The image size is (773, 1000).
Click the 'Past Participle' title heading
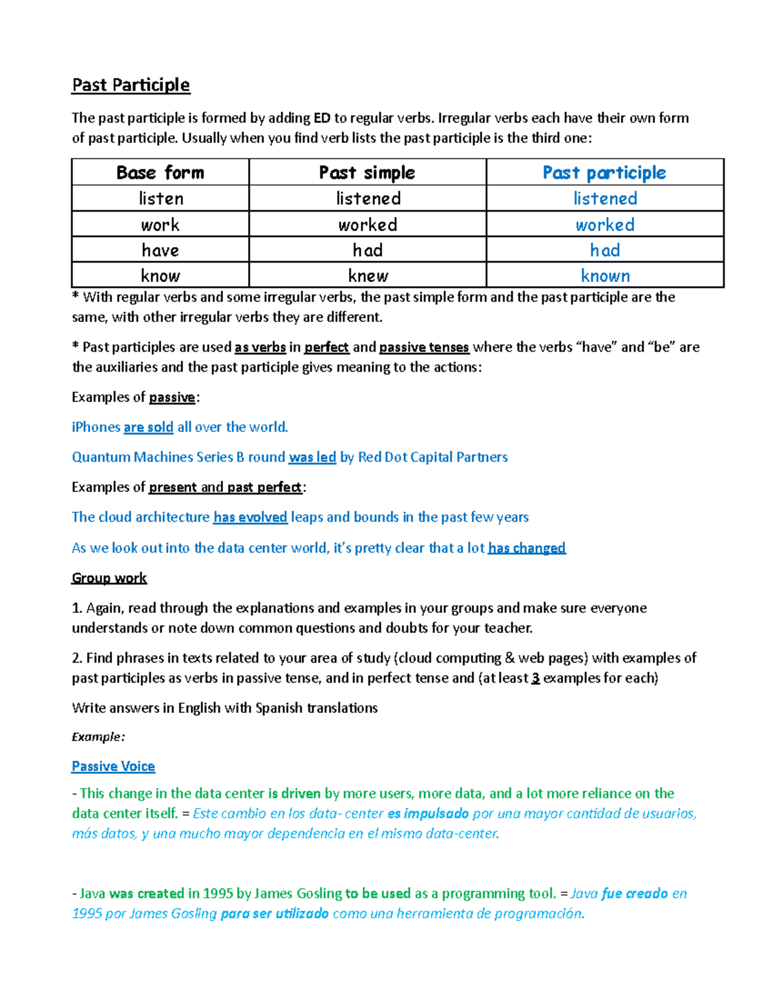(x=131, y=85)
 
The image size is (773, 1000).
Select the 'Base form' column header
(x=160, y=173)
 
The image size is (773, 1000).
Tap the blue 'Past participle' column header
(x=604, y=173)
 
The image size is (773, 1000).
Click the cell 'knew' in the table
(x=368, y=276)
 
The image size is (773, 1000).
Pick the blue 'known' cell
(x=605, y=276)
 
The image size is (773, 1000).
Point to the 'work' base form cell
(x=160, y=225)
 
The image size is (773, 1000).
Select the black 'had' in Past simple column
(x=368, y=250)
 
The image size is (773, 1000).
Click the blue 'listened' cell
(x=605, y=198)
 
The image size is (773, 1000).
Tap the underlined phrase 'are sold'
(x=148, y=427)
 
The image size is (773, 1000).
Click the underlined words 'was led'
(x=312, y=457)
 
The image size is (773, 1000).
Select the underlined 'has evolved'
(x=250, y=517)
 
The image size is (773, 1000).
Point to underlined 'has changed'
(x=526, y=548)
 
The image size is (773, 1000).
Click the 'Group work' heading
(x=109, y=578)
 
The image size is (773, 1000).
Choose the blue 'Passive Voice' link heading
(x=113, y=766)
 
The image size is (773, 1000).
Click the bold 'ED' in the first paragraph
(x=321, y=118)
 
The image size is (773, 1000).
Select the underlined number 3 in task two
(x=535, y=678)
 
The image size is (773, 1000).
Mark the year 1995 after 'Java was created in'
(x=218, y=893)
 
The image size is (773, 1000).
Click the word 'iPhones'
(x=96, y=427)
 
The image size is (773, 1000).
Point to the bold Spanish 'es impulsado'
(x=428, y=813)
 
